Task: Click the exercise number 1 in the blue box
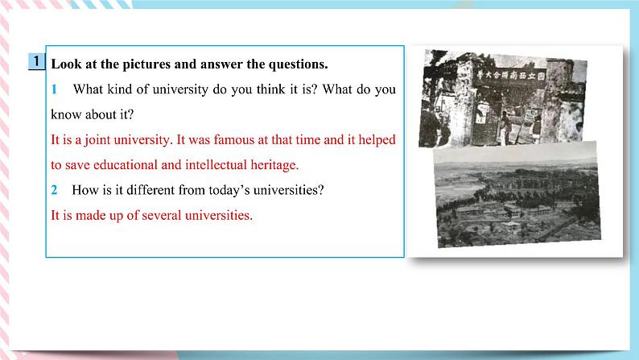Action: coord(37,61)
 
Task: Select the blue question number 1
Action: coord(54,89)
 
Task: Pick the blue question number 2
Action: coord(54,190)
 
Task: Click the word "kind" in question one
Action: coord(120,89)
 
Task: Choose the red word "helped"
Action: coord(377,140)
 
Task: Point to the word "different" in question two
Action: coord(150,190)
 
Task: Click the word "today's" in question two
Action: coord(229,190)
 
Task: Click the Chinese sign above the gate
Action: coord(511,76)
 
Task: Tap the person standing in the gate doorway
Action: coord(505,127)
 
